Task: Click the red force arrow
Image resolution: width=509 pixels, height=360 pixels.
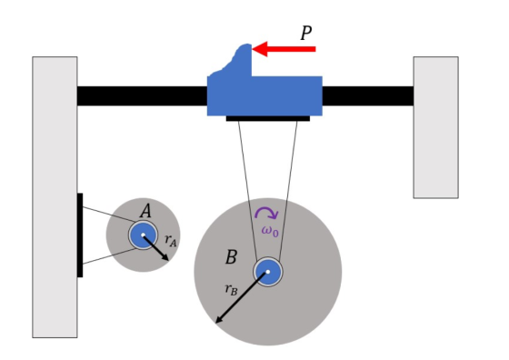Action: (x=284, y=49)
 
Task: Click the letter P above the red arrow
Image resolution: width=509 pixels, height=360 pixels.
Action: (x=305, y=33)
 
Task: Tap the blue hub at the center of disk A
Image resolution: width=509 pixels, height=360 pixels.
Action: (x=144, y=235)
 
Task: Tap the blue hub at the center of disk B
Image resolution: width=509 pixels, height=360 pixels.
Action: (x=268, y=272)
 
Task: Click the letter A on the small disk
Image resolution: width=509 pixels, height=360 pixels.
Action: (x=145, y=211)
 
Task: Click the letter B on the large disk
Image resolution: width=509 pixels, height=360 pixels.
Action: (x=231, y=257)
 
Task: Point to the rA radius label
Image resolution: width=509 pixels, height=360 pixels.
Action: (x=171, y=240)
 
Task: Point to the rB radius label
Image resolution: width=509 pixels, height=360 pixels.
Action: (x=231, y=289)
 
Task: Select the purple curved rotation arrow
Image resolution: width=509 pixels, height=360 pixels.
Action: (x=266, y=212)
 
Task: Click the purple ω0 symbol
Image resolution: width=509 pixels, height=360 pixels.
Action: (x=270, y=231)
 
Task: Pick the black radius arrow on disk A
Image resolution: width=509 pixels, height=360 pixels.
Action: (x=155, y=247)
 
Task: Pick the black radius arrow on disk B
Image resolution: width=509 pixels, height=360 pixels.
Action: (x=242, y=297)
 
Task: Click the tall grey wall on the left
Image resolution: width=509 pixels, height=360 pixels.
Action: (x=55, y=197)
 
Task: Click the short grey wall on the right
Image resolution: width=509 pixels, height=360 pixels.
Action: (x=435, y=127)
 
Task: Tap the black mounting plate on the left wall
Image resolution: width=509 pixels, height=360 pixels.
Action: (x=80, y=235)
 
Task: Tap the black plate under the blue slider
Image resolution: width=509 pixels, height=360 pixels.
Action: (x=268, y=118)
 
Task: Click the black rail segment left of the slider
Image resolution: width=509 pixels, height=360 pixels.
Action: (x=142, y=95)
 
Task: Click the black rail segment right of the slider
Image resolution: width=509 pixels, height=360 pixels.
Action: (x=368, y=95)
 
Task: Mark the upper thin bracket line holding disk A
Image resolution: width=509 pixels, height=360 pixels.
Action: (x=109, y=215)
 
